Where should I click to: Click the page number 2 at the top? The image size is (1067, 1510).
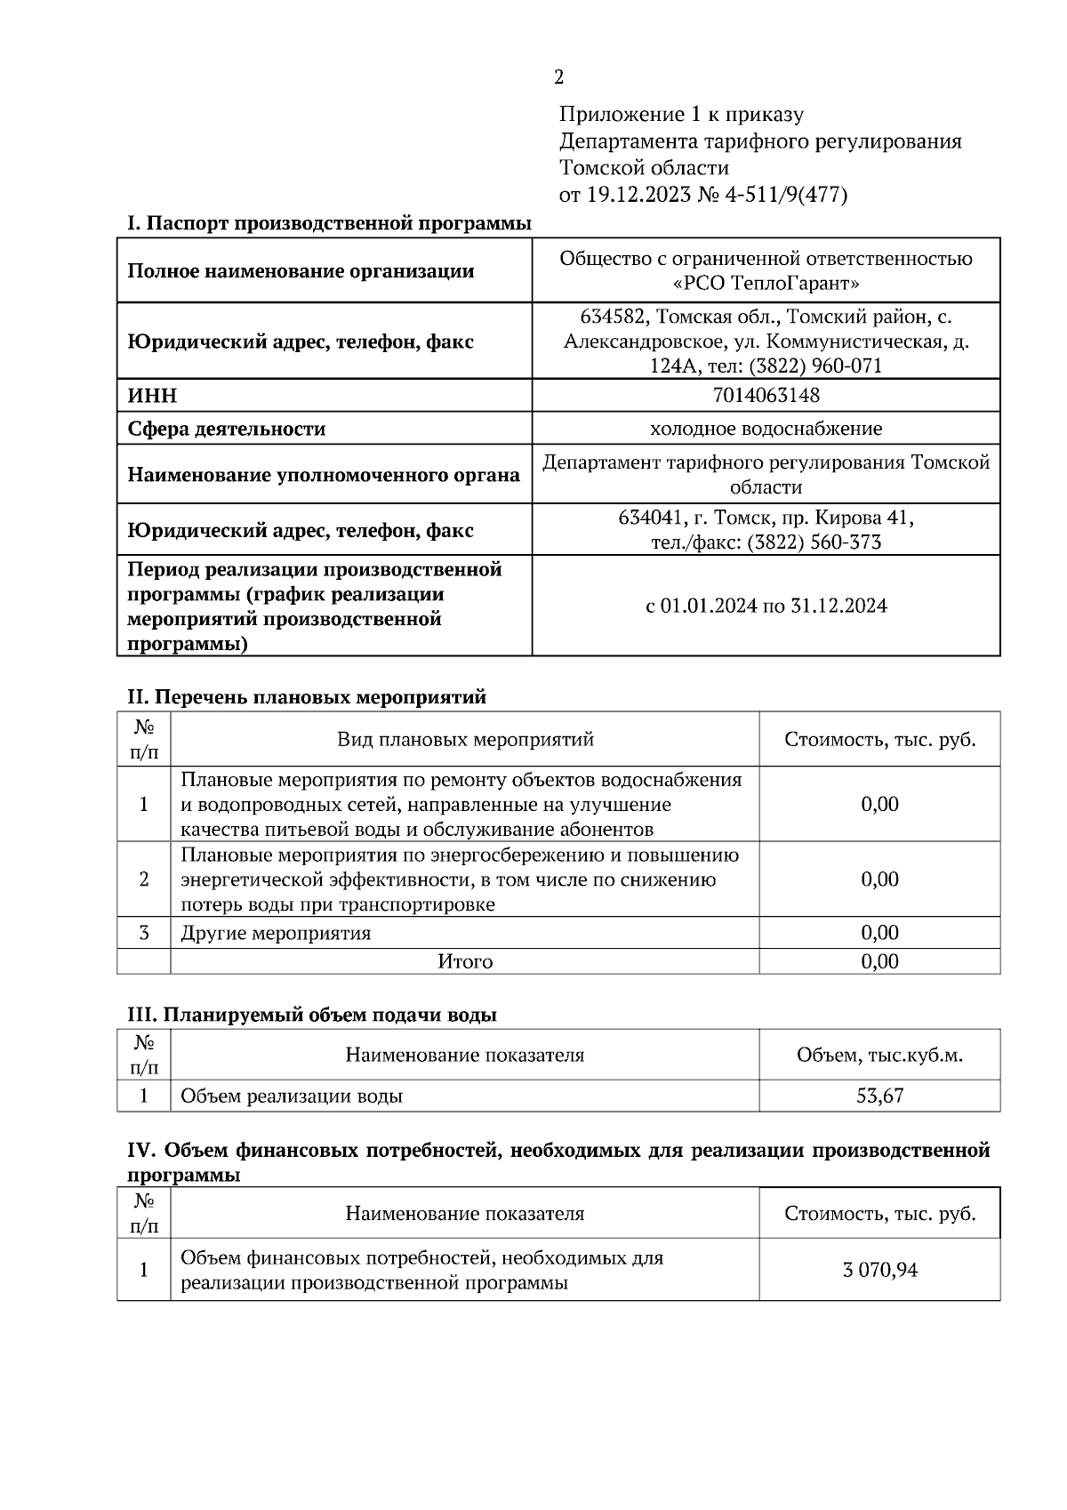click(x=558, y=78)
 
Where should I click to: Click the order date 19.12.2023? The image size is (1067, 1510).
click(x=638, y=195)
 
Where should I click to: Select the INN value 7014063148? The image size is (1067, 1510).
click(x=766, y=395)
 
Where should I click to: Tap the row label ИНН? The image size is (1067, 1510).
click(x=152, y=396)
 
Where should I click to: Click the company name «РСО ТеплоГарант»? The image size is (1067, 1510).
click(x=766, y=284)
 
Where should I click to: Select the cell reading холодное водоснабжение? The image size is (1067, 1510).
click(x=766, y=429)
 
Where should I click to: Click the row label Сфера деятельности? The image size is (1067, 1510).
click(x=227, y=429)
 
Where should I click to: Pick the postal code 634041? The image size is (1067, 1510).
click(x=651, y=518)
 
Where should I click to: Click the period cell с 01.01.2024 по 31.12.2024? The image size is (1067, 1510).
click(x=766, y=606)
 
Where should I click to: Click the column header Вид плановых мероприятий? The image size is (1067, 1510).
click(x=465, y=740)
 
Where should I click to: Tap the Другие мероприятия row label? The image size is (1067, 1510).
click(x=276, y=933)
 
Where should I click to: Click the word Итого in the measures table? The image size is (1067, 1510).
click(x=465, y=961)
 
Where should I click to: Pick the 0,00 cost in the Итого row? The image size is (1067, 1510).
click(x=879, y=961)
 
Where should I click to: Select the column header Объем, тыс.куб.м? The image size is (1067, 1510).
click(x=879, y=1056)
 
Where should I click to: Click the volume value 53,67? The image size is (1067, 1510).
click(x=879, y=1096)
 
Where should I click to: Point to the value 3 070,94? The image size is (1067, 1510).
click(x=879, y=1270)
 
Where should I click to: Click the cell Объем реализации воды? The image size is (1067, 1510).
click(x=292, y=1096)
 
